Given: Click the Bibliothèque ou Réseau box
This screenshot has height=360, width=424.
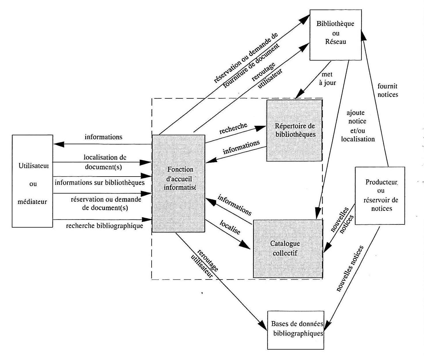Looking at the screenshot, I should pos(336,35).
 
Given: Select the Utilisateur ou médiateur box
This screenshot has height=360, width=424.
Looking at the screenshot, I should pos(33,181).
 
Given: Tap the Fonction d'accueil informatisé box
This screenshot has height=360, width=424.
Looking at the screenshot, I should pos(179,183).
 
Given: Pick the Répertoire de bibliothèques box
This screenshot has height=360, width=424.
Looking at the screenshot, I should pos(294,130).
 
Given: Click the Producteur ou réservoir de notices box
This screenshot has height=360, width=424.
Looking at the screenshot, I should pos(380,196).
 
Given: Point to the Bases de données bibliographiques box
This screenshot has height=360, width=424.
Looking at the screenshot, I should pos(296,330).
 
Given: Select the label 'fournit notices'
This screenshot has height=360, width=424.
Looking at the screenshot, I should pos(387,90).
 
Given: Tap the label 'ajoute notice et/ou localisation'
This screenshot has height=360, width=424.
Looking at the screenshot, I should pos(357,126).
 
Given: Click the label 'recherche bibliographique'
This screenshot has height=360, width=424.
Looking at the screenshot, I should pos(104,226).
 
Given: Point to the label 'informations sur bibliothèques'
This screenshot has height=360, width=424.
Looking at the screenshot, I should pos(99,183).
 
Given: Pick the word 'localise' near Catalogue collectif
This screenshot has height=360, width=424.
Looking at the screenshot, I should pos(230,227).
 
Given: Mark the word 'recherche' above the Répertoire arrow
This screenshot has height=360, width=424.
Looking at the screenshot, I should pos(233,128).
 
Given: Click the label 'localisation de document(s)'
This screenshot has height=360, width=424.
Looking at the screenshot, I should pos(104,162).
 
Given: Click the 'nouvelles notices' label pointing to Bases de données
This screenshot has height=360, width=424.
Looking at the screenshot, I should pos(350,269).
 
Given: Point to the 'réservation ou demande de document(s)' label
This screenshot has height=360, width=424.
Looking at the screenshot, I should pos(105,203).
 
